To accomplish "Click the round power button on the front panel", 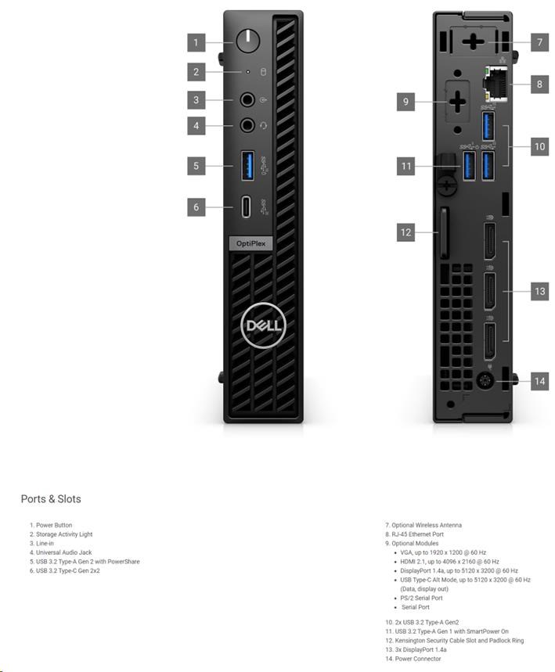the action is [248, 41].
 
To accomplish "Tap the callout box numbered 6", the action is [196, 207].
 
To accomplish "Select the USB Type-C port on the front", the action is [246, 207].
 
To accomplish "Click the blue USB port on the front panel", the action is [247, 165].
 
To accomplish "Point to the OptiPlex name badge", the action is [251, 243].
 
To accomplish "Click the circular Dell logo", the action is [263, 325].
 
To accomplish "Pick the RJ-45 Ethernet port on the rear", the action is [495, 84].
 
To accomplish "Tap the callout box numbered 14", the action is [539, 381].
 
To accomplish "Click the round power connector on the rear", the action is [485, 380].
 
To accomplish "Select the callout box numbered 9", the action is [405, 102].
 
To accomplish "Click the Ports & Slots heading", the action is [51, 499].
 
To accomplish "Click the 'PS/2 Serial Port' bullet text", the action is [421, 598].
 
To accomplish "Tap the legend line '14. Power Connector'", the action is [413, 659].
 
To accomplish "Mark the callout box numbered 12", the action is [405, 232].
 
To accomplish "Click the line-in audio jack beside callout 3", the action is [247, 100].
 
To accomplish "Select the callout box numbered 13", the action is [539, 292].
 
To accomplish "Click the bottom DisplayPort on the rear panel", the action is [489, 342].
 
